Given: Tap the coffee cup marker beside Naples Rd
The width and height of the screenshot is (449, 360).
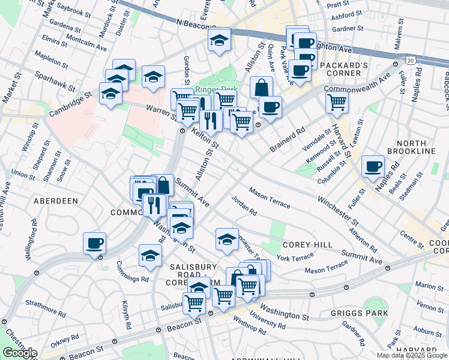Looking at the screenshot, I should (x=373, y=165).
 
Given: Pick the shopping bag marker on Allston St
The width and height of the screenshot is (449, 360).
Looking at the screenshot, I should (x=261, y=87).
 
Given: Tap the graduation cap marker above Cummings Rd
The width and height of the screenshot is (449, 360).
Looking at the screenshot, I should (x=150, y=255).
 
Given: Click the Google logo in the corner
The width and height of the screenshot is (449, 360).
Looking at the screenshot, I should (x=20, y=352).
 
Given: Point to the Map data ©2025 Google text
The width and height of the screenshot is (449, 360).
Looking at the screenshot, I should (x=411, y=355).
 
